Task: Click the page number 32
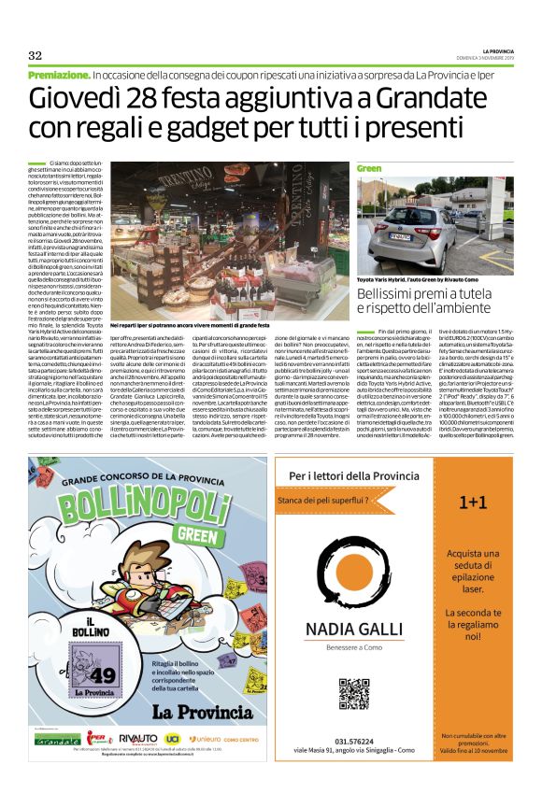tap(36, 55)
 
